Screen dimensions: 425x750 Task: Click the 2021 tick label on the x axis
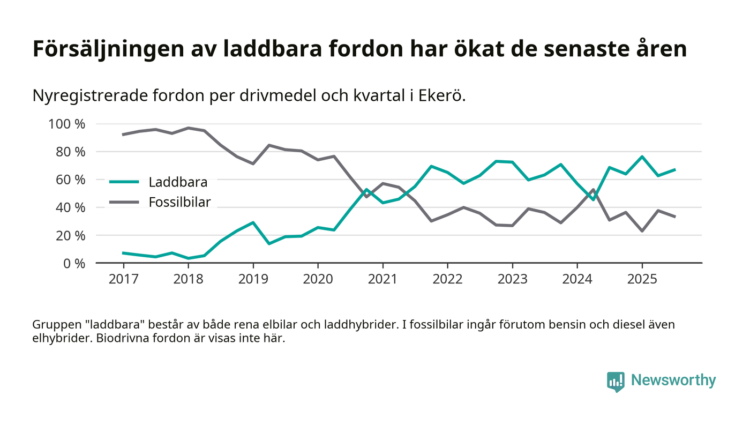click(x=382, y=280)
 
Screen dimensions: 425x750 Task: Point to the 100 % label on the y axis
click(x=67, y=124)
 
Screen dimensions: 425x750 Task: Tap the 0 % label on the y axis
click(x=73, y=263)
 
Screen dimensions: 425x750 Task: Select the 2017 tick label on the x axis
click(x=123, y=280)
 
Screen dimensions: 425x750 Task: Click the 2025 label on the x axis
click(x=642, y=280)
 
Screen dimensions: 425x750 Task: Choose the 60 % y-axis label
click(x=70, y=180)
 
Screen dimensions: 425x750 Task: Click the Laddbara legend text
click(x=178, y=182)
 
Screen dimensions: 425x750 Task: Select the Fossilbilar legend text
click(x=179, y=202)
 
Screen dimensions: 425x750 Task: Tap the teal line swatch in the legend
click(x=124, y=182)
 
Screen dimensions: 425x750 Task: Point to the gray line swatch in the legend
click(x=124, y=202)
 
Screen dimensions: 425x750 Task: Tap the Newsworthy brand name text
click(x=673, y=381)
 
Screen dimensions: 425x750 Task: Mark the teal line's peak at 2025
click(x=642, y=156)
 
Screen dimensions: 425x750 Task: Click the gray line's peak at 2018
click(x=188, y=128)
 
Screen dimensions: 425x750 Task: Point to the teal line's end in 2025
click(x=674, y=169)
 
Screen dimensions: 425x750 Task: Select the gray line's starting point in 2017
click(x=123, y=135)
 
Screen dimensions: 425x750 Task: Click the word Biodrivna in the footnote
click(x=122, y=339)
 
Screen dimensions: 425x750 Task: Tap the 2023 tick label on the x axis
click(x=512, y=280)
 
